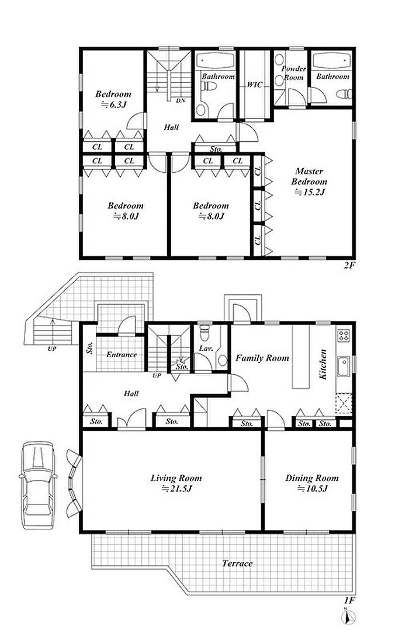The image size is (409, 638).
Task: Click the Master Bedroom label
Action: click(309, 182)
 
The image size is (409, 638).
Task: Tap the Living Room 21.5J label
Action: click(176, 483)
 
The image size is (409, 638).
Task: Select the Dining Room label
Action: click(311, 478)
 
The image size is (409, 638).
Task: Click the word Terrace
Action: click(237, 563)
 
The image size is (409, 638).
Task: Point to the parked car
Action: click(37, 484)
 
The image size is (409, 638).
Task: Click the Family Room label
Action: click(262, 358)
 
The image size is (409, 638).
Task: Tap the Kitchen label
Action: click(323, 364)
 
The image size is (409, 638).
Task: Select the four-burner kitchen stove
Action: click(344, 336)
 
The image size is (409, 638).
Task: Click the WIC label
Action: click(255, 85)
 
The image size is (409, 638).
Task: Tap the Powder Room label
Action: click(294, 73)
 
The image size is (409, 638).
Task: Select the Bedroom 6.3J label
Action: click(113, 99)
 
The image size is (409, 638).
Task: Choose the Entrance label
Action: click(122, 355)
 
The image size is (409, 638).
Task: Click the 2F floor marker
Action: click(350, 266)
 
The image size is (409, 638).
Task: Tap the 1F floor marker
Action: click(350, 600)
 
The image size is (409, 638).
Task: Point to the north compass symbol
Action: click(346, 618)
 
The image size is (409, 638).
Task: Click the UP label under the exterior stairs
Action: click(52, 348)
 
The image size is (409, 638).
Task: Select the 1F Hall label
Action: click(131, 393)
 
